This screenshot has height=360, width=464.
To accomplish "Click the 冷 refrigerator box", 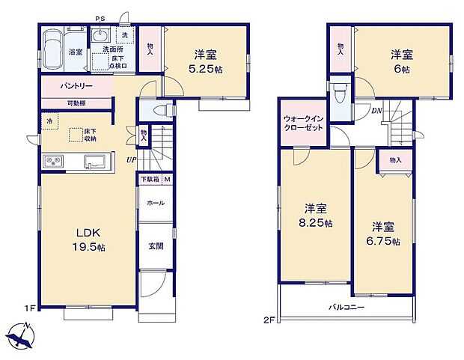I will (49, 120).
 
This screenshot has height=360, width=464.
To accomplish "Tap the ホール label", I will (155, 203).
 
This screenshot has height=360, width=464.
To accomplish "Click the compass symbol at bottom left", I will (23, 334).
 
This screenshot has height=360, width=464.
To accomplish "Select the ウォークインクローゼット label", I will (304, 123).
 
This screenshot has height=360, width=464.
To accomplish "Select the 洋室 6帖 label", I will (402, 60).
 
